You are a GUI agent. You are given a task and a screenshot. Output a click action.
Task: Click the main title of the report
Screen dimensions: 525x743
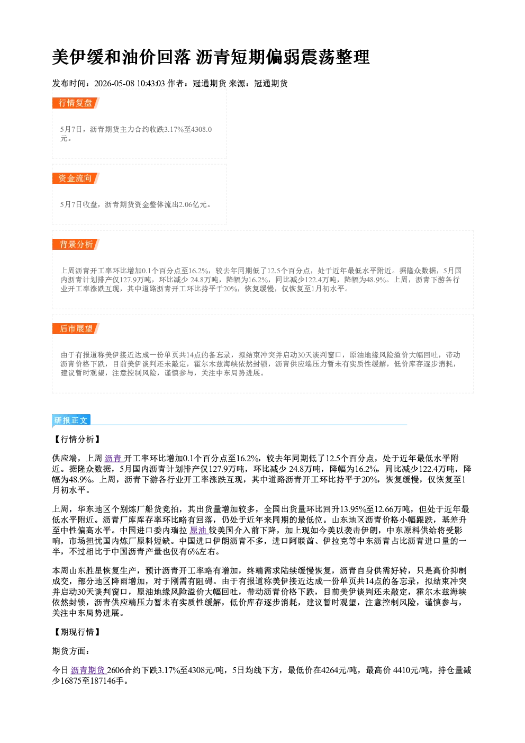pos(211,57)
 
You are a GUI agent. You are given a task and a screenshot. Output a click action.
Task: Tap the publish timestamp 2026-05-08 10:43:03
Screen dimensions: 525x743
pos(129,83)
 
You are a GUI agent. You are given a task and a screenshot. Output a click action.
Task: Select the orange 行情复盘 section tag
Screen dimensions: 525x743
pos(76,103)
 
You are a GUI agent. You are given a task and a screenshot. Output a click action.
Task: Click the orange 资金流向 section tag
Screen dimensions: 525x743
pos(76,178)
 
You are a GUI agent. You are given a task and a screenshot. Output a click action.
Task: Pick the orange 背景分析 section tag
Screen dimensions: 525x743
pos(76,245)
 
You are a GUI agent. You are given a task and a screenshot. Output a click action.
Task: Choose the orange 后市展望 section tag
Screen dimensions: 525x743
pos(76,329)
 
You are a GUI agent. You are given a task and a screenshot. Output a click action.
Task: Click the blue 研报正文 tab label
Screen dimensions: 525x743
pos(71,420)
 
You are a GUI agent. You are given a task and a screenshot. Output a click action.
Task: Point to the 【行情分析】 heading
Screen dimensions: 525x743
pos(77,439)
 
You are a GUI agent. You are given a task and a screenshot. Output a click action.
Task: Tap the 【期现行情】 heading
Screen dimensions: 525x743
pos(77,632)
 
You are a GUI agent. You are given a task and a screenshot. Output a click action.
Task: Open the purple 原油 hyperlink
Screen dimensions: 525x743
pos(198,531)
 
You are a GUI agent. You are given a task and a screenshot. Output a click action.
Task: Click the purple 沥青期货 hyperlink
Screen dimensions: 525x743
pos(88,670)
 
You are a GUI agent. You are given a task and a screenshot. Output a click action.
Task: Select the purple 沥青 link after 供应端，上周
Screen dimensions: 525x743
pos(113,459)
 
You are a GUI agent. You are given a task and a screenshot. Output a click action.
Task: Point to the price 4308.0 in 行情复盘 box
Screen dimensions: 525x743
pos(201,129)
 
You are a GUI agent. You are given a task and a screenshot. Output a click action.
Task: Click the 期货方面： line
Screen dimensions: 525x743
pos(70,651)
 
